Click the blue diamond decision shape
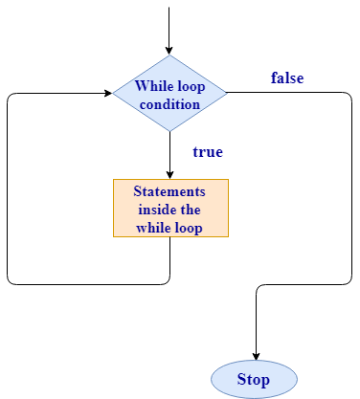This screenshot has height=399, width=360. [x=169, y=93]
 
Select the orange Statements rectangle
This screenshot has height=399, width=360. [x=170, y=208]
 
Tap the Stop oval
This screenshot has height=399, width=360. [x=254, y=379]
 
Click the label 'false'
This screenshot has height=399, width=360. [x=287, y=78]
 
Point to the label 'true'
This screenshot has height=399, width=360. [x=207, y=151]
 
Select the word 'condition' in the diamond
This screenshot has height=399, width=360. [x=169, y=101]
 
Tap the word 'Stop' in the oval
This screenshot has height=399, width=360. [x=254, y=380]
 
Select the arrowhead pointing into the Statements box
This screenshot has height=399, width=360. [x=169, y=174]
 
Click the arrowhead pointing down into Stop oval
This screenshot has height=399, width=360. [x=256, y=354]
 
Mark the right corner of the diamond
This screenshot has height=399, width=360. [x=227, y=93]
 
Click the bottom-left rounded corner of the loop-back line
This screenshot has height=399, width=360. [x=10, y=281]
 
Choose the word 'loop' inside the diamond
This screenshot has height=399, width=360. [x=191, y=84]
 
